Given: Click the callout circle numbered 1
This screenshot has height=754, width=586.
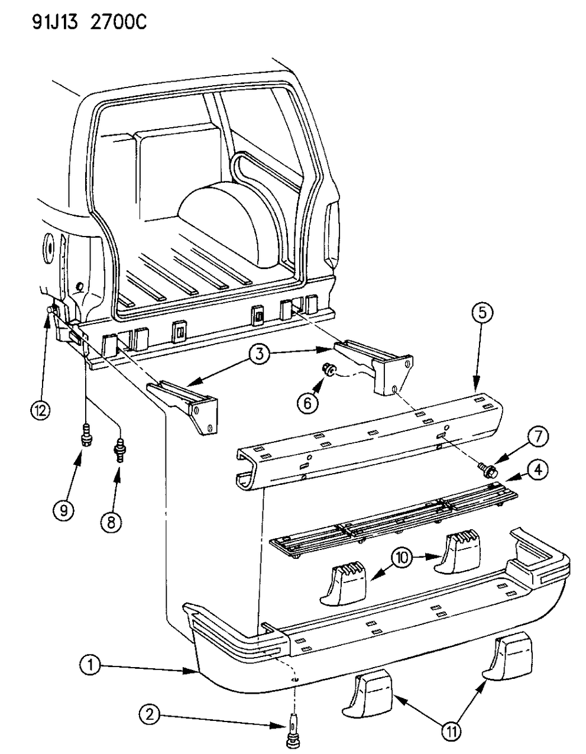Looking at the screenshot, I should pos(90,666).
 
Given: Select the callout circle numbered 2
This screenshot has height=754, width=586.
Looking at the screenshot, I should pos(150,715).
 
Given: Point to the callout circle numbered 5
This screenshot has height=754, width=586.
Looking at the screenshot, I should pos(482,313).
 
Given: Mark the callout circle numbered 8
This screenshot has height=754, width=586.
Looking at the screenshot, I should pos(112,520).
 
